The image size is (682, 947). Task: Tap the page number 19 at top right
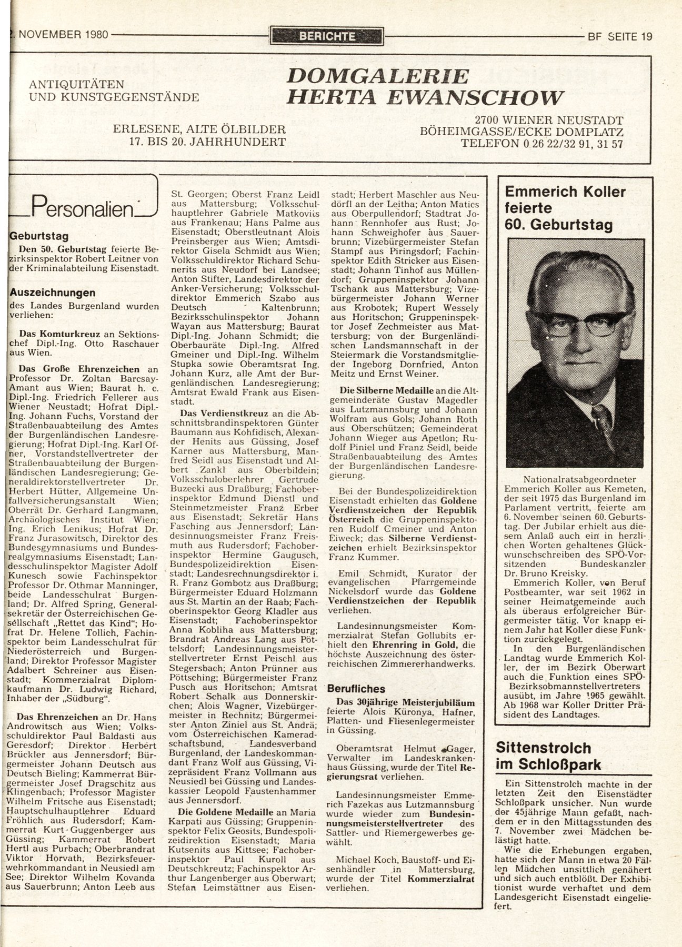(646, 36)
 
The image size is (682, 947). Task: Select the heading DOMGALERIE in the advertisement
(377, 76)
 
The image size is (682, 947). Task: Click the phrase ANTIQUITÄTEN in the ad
(77, 84)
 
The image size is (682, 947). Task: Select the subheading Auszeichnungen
(53, 293)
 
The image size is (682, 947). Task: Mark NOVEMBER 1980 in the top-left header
(61, 36)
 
